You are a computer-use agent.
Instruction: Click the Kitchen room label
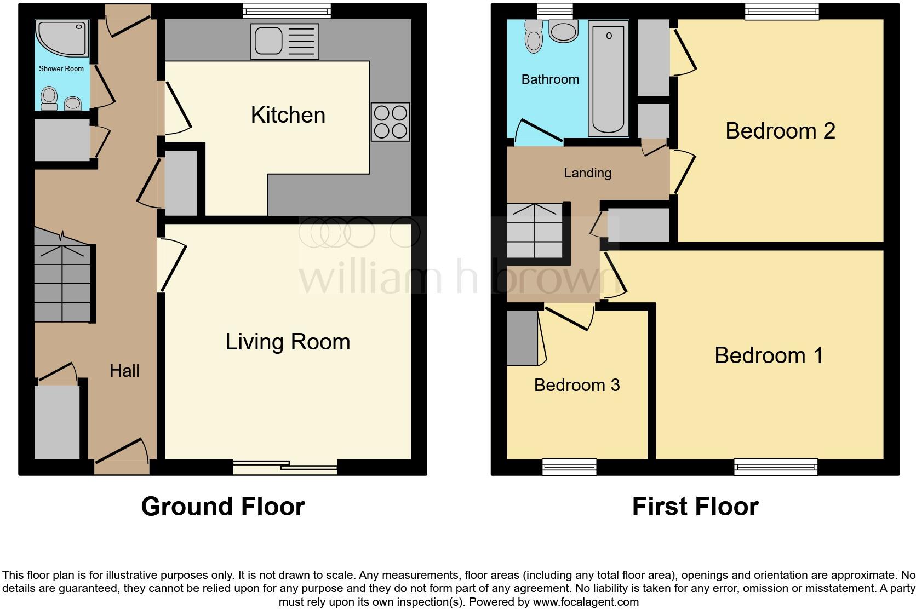point(288,115)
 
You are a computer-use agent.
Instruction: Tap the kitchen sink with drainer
point(284,41)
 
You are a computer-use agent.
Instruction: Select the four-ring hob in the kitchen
point(390,122)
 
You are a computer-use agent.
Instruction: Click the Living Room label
point(288,342)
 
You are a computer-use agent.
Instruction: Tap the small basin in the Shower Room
point(73,103)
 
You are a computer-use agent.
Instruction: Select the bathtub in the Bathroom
point(608,78)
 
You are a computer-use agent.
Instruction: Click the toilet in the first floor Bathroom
point(534,37)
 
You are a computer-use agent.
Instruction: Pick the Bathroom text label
point(550,79)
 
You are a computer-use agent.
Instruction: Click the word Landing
point(587,173)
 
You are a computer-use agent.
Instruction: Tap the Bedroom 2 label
point(780,131)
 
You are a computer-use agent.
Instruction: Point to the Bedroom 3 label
point(576,385)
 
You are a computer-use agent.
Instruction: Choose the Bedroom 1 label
point(769,355)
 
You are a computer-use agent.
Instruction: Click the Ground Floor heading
point(222,507)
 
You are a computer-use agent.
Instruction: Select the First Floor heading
point(695,507)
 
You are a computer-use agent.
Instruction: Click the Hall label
point(124,371)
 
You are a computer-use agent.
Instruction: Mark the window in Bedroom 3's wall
point(569,467)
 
